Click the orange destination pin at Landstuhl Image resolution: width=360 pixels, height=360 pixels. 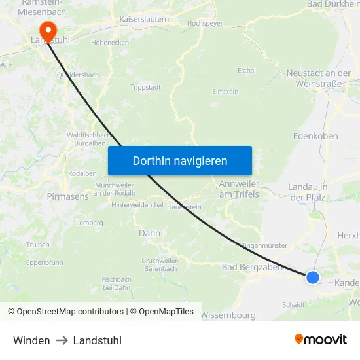pos(48,29)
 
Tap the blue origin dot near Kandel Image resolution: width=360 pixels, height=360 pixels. pos(313,278)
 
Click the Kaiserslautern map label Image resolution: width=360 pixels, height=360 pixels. pos(144,20)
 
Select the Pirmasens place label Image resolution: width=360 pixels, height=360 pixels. pos(67,196)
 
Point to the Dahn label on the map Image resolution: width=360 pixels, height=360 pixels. pos(149,232)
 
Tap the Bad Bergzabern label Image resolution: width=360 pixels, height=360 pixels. pos(253,267)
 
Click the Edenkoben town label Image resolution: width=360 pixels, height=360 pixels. pos(316,136)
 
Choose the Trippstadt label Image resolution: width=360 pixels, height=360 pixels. pos(145,87)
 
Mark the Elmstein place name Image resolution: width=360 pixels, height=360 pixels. pos(225,92)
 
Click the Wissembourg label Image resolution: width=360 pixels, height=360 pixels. pos(227,315)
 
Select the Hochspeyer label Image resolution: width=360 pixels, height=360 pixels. pos(205,23)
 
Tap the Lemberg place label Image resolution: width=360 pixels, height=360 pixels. pos(90,223)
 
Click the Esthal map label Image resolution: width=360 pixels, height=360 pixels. pos(247,70)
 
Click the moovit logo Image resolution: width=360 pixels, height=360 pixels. pos(320,340)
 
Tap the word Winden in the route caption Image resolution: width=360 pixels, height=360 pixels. pos(31,340)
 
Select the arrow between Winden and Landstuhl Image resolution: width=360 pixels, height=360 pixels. pos(62,340)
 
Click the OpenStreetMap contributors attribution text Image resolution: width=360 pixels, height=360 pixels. pos(65,312)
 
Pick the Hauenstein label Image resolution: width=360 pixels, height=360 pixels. pos(184,207)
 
